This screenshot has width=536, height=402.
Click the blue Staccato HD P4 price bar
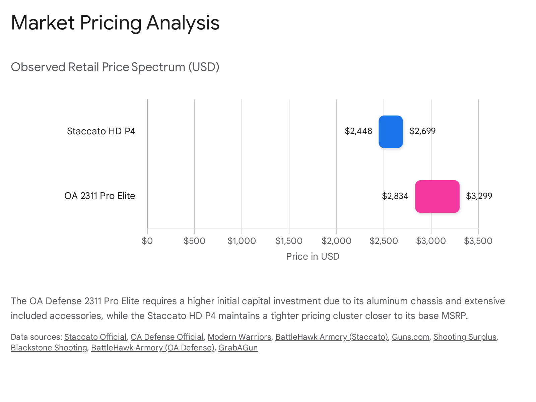391,132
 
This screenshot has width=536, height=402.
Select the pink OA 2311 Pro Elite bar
437,196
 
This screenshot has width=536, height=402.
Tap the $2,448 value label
358,131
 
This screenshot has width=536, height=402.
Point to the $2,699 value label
422,131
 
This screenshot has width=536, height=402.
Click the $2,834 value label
395,196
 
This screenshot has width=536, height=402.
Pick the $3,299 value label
479,196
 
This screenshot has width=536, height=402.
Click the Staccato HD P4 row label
101,131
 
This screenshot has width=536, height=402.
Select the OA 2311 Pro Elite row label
99,196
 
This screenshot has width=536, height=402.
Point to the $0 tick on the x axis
147,241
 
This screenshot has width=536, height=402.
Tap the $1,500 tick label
289,241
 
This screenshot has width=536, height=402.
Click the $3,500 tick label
478,241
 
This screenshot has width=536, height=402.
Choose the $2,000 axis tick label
336,241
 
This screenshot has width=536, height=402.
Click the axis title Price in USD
313,257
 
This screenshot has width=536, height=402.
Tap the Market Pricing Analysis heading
115,23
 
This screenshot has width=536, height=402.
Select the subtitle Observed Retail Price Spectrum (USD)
115,67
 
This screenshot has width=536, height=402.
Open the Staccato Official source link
95,337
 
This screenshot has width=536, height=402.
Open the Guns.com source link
410,337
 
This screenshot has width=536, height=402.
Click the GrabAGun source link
238,348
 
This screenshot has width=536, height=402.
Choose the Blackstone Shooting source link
49,348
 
